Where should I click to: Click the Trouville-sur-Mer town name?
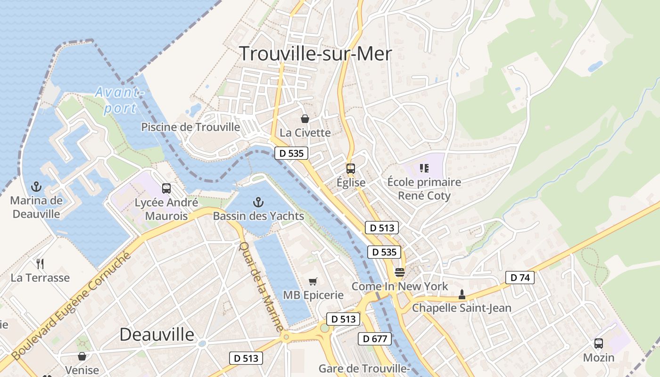coord(315,54)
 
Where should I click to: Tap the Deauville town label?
coord(157,334)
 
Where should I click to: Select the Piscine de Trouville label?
coord(190,127)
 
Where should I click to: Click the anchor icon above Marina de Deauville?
coord(36,187)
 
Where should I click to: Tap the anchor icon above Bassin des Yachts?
coord(258,203)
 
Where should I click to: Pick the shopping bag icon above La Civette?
coord(305,119)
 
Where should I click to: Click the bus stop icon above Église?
coord(350,169)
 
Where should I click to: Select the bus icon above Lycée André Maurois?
coord(166,188)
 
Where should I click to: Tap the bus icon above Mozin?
coord(599,344)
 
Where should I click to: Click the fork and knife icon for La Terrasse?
coord(40,263)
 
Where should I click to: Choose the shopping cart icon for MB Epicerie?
coord(313,281)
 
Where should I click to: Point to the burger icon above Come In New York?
coord(400,272)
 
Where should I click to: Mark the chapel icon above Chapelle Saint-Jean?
coord(462,295)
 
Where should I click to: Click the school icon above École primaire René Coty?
coord(424,168)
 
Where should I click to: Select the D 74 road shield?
coord(520,278)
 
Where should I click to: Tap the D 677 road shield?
coord(375,338)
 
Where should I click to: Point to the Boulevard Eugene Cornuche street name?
coord(71,306)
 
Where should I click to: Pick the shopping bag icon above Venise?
coord(82,356)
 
